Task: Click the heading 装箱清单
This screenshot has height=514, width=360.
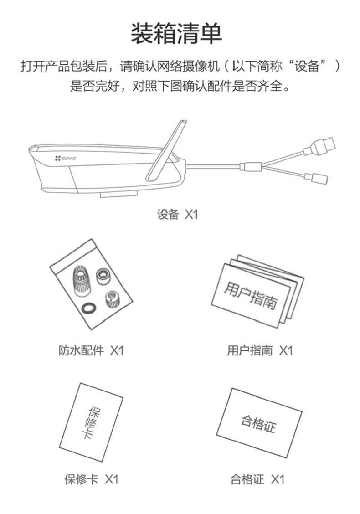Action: pos(180,34)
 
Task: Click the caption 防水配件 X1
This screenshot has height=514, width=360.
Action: pos(91,350)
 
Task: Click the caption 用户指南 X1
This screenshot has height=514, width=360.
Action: pos(260,350)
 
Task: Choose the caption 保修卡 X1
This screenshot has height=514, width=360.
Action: pos(91,479)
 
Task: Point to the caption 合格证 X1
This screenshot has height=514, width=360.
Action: pos(257,479)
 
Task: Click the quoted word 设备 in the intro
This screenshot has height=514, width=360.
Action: pos(306,66)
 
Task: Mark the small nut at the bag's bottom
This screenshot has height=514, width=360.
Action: pos(110,298)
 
